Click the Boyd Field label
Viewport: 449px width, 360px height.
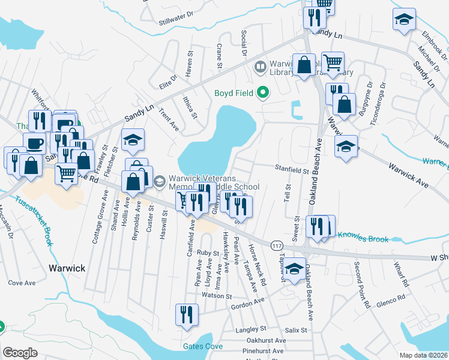pyautogui.click(x=234, y=93)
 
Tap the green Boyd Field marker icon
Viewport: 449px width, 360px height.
pyautogui.click(x=262, y=92)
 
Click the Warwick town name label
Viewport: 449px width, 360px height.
pyautogui.click(x=67, y=268)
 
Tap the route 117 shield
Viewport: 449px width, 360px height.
pyautogui.click(x=277, y=245)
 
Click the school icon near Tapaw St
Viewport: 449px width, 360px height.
pyautogui.click(x=294, y=269)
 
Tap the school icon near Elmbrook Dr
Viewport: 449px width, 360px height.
pyautogui.click(x=405, y=20)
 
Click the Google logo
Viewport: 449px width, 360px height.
pyautogui.click(x=20, y=353)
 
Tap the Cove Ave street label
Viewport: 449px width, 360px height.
pyautogui.click(x=23, y=283)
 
